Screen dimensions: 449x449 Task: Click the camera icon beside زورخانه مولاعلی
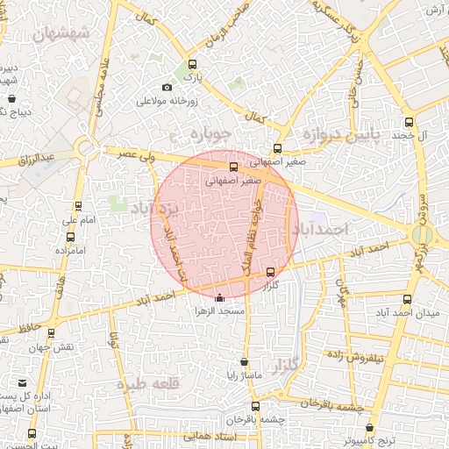pos(167,86)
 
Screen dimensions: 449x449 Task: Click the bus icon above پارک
pos(193,64)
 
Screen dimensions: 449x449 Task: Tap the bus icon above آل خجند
pos(409,123)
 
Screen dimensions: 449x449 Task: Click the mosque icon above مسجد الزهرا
pos(219,298)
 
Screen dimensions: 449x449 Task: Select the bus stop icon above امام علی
pos(78,207)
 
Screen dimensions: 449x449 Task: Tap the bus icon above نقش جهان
pos(52,333)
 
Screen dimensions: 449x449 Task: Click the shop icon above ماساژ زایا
pos(244,362)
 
